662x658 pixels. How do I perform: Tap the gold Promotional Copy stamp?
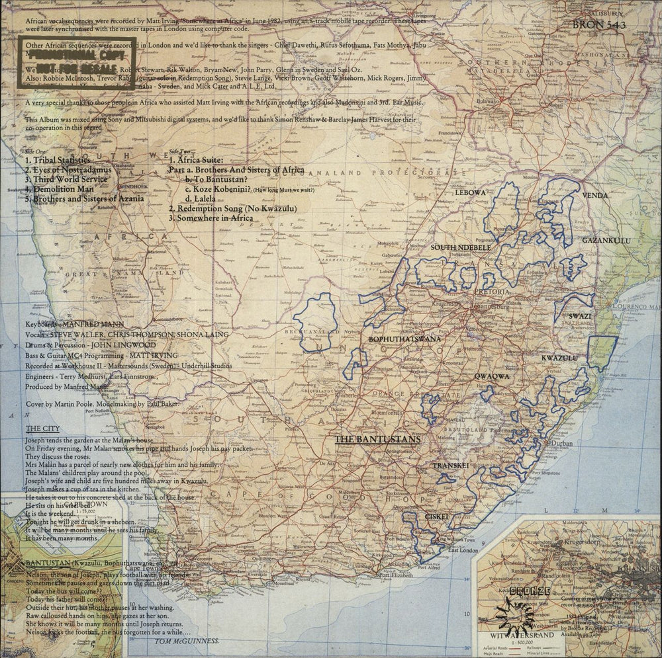point(77,63)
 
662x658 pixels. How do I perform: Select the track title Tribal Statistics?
point(58,160)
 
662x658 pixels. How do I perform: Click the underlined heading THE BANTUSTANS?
point(377,439)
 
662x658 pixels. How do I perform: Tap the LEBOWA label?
point(470,192)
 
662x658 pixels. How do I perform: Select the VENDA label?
point(594,196)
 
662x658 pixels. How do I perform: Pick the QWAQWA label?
point(491,376)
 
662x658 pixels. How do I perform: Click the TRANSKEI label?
point(451,466)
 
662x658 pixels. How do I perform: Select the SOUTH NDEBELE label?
point(461,247)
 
